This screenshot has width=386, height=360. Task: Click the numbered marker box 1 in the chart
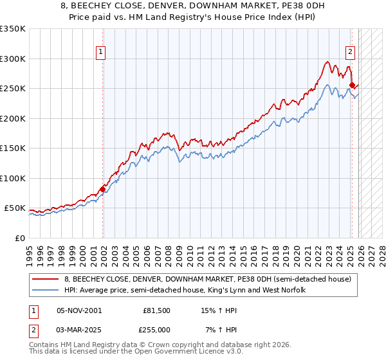[102, 53]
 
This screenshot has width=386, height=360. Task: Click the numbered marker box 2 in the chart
[350, 53]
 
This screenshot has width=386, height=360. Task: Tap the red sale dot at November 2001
[102, 189]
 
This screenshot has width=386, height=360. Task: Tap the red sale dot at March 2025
[352, 85]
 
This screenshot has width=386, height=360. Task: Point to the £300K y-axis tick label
[13, 59]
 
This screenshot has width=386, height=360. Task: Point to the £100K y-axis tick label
[13, 178]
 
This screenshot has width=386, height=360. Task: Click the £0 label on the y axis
[20, 238]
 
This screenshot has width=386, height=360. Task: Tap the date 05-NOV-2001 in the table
[78, 310]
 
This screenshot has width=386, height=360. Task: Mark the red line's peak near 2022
[327, 62]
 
